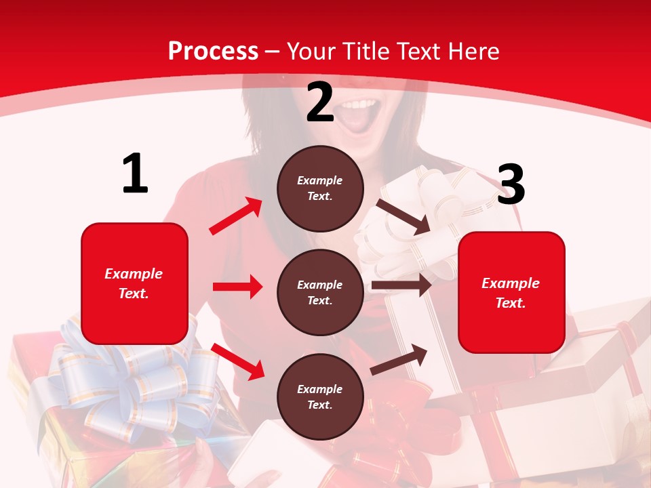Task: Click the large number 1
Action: pos(135,174)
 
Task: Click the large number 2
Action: pos(320,103)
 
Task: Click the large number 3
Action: pos(511,185)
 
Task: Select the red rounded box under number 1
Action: pos(134,283)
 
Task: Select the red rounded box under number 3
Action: pos(511,292)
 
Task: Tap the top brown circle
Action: pos(320,188)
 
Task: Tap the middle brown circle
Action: pos(320,292)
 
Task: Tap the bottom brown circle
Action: pos(320,396)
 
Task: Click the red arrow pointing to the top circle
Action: pos(235,216)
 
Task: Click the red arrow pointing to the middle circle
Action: pos(237,287)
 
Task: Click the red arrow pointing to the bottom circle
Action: pos(237,361)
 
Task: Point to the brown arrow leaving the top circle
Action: pos(403,217)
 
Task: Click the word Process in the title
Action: pos(213,51)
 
